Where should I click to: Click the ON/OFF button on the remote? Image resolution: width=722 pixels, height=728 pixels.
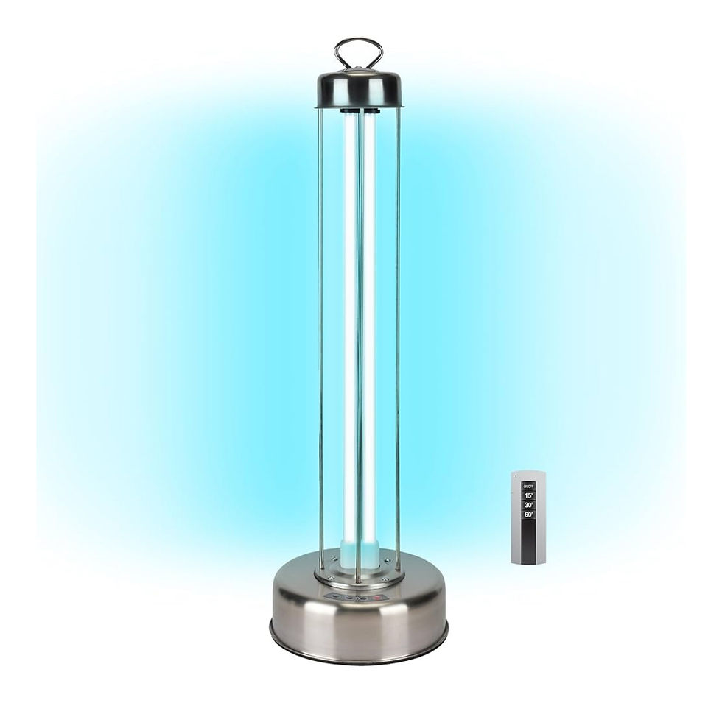[x=528, y=487]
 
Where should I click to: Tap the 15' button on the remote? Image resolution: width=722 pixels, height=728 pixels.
[x=528, y=496]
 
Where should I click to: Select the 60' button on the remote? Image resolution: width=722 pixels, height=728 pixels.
[x=528, y=515]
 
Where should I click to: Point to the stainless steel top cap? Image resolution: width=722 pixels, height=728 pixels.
[x=359, y=90]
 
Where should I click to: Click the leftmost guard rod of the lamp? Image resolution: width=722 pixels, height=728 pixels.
[x=320, y=331]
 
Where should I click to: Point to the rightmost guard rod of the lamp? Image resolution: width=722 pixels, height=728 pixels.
[x=398, y=331]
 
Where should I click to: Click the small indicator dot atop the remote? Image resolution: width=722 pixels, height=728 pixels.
[x=528, y=478]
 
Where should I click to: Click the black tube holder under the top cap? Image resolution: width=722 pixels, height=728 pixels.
[x=359, y=112]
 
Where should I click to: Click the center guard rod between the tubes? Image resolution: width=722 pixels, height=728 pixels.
[x=359, y=331]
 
